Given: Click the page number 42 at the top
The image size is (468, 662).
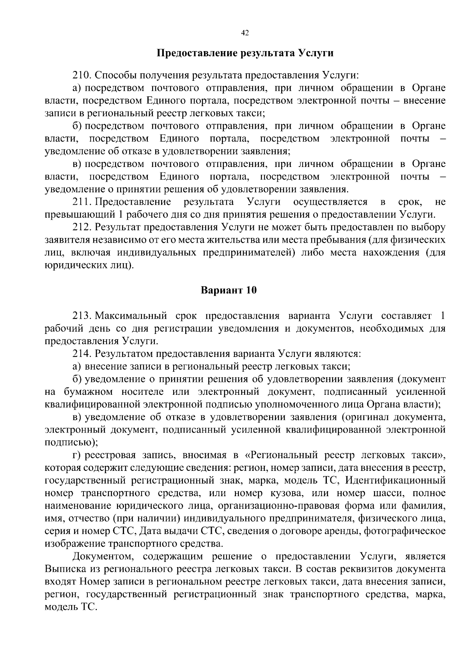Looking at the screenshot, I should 245,33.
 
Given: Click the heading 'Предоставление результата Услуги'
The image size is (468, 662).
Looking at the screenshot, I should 245,53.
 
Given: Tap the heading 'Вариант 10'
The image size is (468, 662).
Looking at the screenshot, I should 229,290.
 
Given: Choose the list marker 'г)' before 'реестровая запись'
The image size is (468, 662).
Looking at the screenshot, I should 77,455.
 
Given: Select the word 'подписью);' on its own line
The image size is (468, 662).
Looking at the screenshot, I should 71,442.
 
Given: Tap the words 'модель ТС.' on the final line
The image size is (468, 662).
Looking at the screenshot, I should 70,607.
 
